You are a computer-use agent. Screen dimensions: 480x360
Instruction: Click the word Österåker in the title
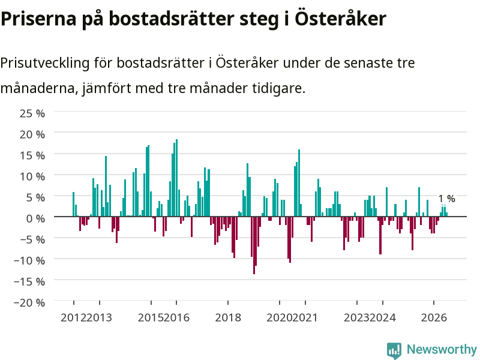340,19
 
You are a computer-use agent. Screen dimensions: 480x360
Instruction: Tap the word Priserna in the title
38,20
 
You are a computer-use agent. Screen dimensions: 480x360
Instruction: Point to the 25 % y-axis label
32,113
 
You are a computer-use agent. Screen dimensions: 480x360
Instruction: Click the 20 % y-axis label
32,134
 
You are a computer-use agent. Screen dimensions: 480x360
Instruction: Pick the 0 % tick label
35,218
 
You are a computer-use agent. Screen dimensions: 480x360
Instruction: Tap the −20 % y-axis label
29,303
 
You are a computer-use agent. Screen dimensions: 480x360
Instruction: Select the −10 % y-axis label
29,260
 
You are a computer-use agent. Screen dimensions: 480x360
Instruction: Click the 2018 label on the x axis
228,318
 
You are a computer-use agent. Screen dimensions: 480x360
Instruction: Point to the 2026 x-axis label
434,318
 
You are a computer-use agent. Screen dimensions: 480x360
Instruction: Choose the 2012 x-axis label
73,318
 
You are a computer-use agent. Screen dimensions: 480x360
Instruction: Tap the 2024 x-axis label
383,318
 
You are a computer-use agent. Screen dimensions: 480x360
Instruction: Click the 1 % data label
446,199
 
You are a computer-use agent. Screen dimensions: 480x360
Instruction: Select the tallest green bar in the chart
176,178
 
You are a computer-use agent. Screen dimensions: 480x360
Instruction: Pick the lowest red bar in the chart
254,245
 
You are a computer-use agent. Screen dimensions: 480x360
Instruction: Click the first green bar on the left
73,204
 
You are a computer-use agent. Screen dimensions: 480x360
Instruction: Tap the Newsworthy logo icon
394,350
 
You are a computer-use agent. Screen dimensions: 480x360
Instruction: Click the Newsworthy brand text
442,349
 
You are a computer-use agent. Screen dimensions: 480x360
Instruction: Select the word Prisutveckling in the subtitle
45,64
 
